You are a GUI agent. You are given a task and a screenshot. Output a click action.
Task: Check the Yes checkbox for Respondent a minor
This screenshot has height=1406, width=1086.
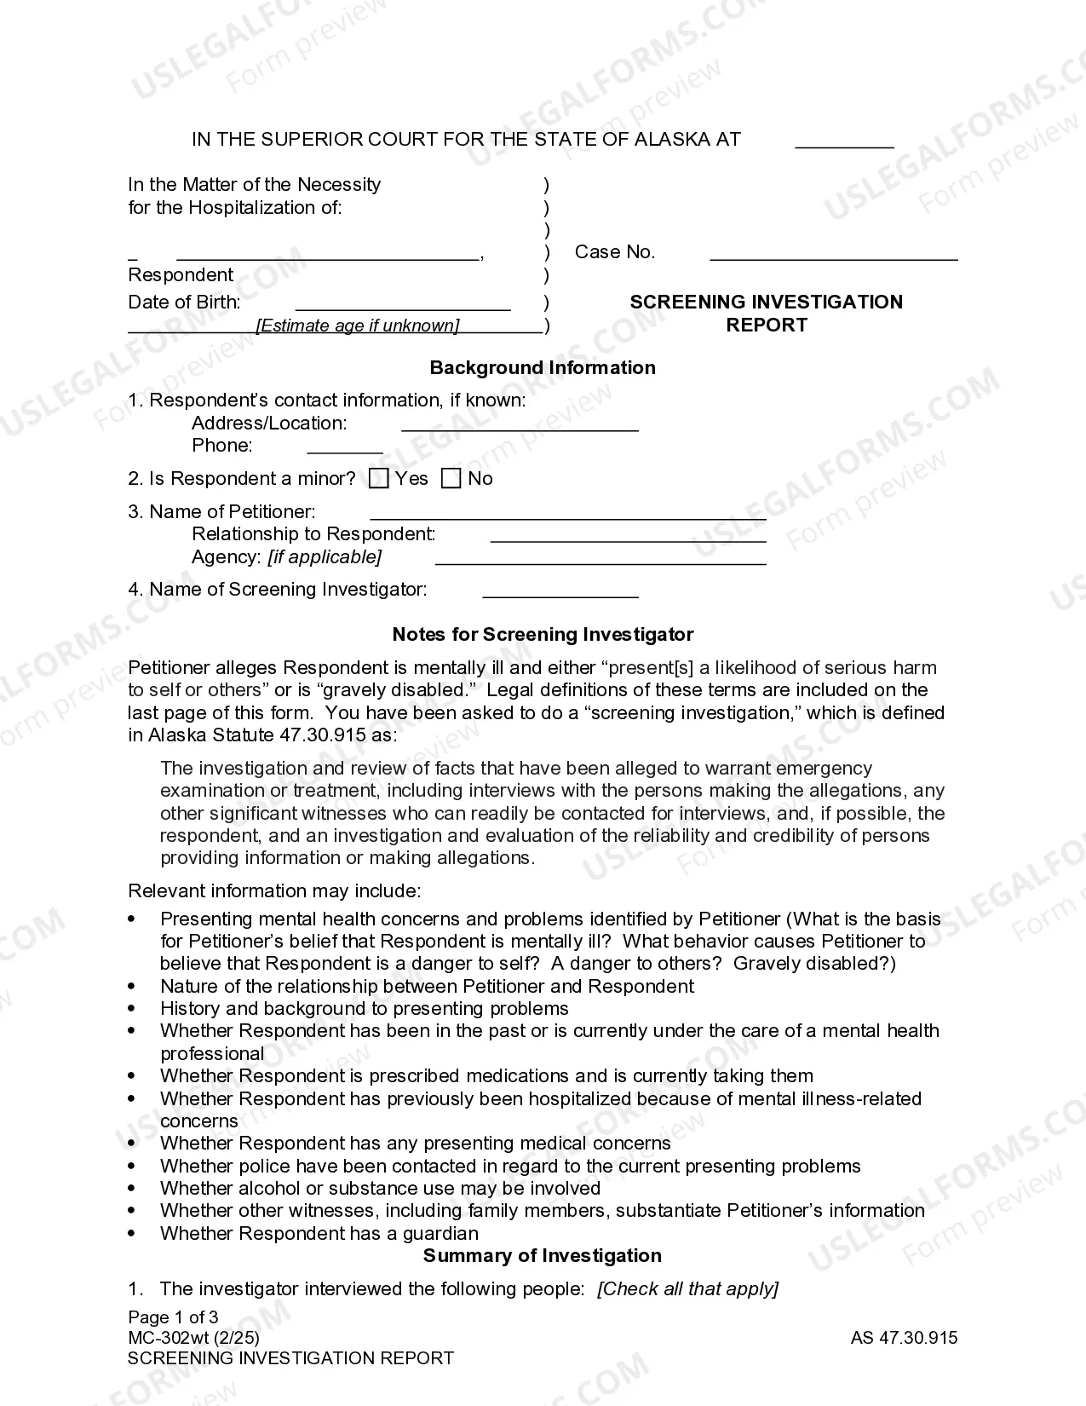[378, 479]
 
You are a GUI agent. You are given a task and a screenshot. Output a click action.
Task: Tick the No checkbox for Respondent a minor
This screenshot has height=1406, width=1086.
[451, 479]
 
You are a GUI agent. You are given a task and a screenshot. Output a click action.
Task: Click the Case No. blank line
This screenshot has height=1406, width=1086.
[833, 256]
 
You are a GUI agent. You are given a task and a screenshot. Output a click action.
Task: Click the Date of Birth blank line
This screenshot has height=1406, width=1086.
[403, 308]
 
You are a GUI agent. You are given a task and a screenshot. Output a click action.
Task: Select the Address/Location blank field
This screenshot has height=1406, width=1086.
[520, 429]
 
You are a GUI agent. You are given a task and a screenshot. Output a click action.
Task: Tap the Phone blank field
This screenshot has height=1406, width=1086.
[344, 451]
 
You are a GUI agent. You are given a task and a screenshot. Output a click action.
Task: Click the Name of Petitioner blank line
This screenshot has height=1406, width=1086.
[568, 517]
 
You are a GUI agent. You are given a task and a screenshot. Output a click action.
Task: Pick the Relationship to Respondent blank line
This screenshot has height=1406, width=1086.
[628, 539]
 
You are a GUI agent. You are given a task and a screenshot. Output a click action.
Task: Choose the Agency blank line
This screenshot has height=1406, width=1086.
[600, 562]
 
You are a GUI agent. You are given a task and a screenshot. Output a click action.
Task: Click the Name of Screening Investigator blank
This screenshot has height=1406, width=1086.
[560, 595]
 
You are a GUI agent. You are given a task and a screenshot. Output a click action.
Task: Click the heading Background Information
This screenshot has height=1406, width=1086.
[543, 368]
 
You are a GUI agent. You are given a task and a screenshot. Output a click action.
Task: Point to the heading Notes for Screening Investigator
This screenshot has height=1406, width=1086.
[543, 635]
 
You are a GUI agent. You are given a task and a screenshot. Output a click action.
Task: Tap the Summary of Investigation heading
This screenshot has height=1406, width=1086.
[542, 1256]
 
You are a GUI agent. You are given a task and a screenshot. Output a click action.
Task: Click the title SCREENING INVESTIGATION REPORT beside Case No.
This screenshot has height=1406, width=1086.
[766, 314]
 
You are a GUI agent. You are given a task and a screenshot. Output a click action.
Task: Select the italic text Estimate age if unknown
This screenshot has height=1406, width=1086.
[358, 326]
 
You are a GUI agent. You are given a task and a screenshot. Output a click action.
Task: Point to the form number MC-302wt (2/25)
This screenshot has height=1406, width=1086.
[193, 1338]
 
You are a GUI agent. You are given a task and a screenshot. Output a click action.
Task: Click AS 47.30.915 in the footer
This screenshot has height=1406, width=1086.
[904, 1338]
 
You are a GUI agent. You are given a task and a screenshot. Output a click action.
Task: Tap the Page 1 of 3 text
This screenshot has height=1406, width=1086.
[173, 1317]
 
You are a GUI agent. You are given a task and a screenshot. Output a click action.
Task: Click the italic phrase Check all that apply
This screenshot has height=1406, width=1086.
[687, 1289]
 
